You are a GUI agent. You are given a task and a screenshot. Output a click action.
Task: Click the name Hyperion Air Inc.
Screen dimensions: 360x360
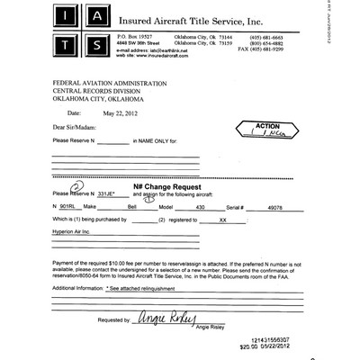point(72,231)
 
